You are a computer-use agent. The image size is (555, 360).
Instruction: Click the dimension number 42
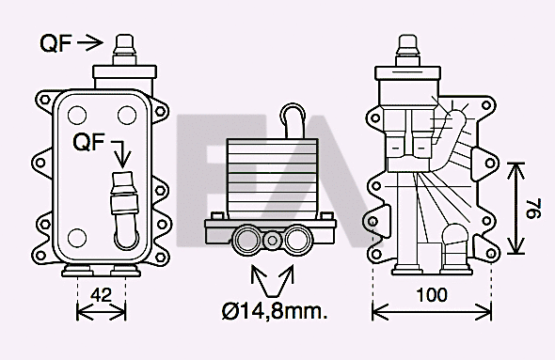(102, 294)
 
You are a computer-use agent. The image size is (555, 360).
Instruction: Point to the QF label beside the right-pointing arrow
(55, 42)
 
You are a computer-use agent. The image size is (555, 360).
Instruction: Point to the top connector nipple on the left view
(122, 46)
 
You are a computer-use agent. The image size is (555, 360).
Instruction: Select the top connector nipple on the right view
(407, 49)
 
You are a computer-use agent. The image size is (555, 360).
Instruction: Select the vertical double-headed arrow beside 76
(514, 208)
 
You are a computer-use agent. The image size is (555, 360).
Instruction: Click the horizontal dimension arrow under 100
(431, 310)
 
